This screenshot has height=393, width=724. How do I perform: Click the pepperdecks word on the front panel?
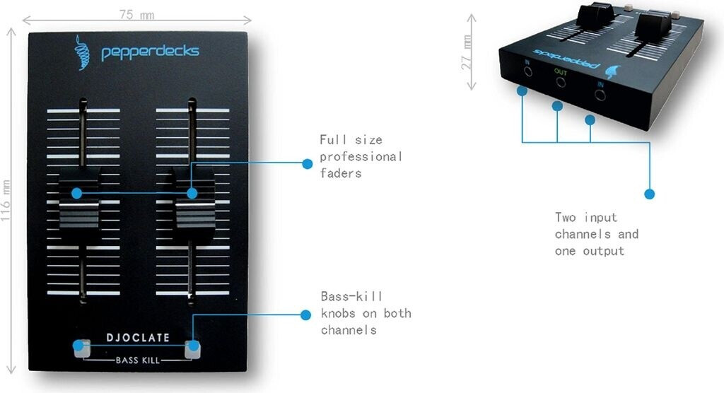click(x=151, y=52)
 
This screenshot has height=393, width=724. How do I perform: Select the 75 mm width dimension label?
click(x=136, y=15)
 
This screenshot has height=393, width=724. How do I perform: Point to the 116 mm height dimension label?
click(x=6, y=201)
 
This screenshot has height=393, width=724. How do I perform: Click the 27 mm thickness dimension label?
click(x=467, y=52)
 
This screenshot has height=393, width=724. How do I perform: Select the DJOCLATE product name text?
click(x=138, y=338)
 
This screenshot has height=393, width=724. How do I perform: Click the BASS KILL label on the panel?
click(x=138, y=360)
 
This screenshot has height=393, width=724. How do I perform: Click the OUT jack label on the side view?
click(x=561, y=72)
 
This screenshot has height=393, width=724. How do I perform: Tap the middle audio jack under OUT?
click(x=561, y=83)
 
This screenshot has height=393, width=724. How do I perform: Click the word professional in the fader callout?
click(x=361, y=157)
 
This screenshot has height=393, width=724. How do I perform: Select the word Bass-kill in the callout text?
click(x=351, y=296)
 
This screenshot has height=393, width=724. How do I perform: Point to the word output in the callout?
click(x=604, y=251)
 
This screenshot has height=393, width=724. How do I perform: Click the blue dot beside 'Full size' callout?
click(x=307, y=163)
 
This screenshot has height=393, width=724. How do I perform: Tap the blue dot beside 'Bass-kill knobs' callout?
click(x=305, y=315)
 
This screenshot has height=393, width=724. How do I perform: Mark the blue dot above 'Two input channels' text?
click(x=649, y=194)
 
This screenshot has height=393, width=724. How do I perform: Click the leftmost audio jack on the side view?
click(x=527, y=72)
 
